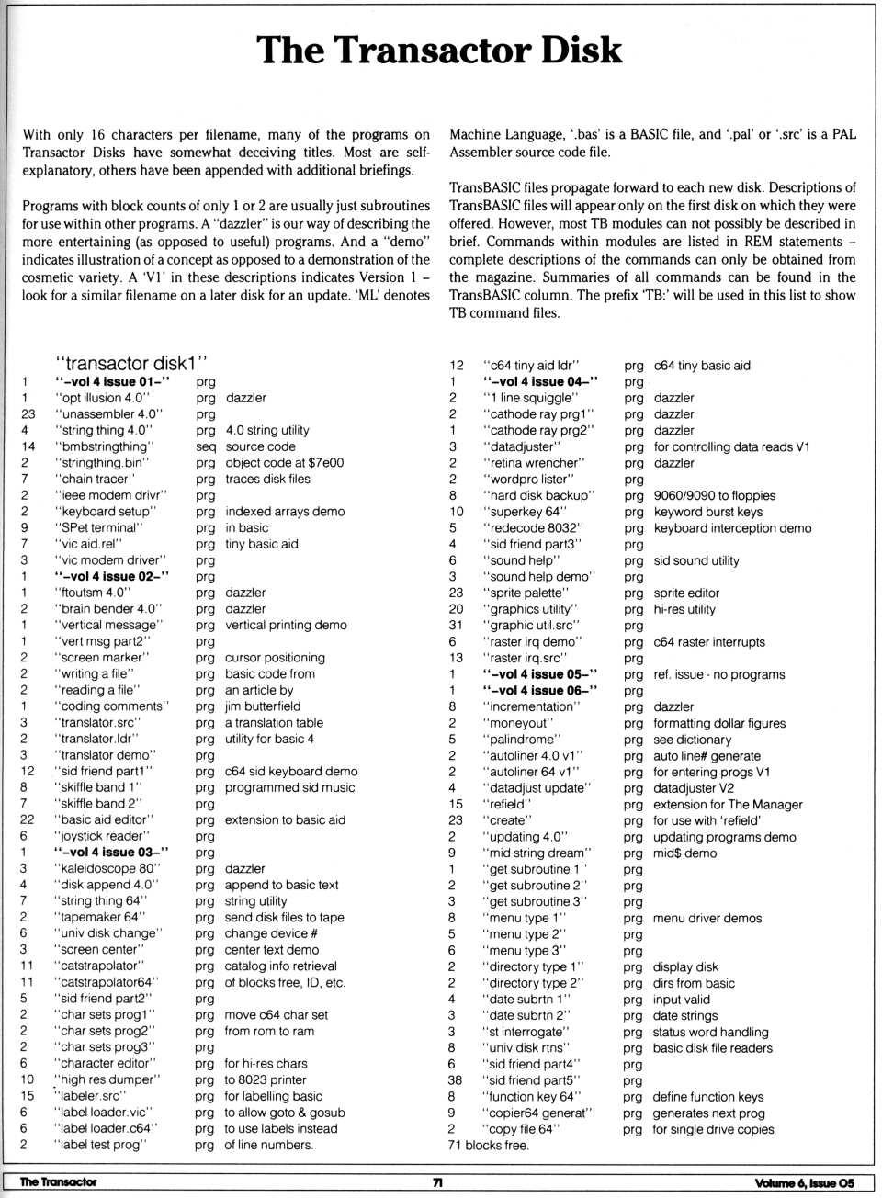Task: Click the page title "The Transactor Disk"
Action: [439, 50]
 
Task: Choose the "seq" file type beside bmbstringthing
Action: [205, 446]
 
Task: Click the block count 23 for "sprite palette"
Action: [456, 593]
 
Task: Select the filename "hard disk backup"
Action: [538, 495]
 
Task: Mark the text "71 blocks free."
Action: [488, 1145]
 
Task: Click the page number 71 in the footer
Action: [438, 1182]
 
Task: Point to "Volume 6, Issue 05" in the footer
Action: [804, 1183]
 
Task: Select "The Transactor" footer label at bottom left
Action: [58, 1182]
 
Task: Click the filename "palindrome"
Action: [525, 739]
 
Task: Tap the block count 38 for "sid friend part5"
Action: [456, 1080]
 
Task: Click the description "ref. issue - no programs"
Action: [718, 674]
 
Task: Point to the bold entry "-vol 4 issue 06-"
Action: [540, 690]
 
